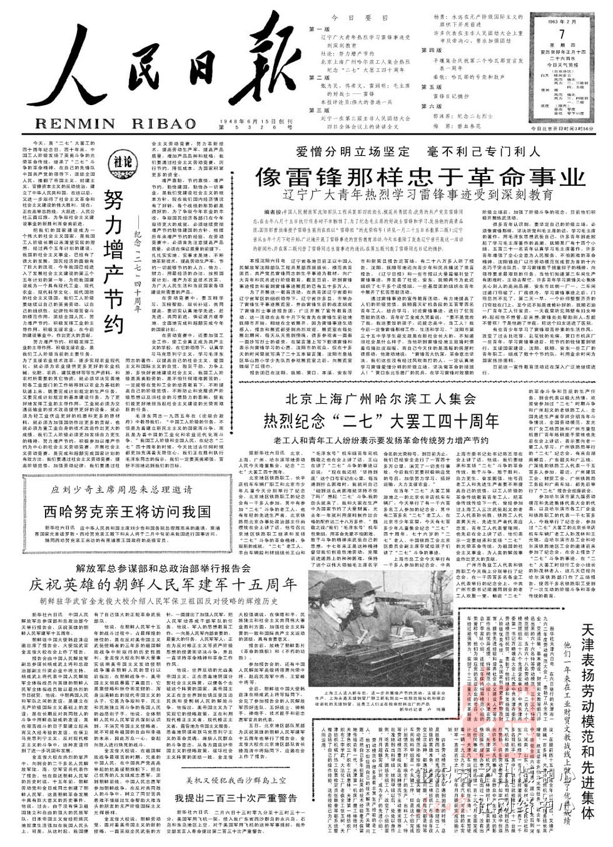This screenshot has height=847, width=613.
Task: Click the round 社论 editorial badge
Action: (122, 162)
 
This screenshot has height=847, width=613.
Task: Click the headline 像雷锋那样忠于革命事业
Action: (419, 177)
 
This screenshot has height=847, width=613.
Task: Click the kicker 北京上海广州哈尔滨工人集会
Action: (390, 399)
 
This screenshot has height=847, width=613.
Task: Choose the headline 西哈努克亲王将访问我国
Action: (127, 511)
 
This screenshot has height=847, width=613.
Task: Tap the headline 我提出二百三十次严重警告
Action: (236, 798)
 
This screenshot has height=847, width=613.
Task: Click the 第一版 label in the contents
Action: (319, 29)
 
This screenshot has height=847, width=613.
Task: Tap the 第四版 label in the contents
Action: (432, 49)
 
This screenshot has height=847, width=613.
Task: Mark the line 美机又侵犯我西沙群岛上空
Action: (236, 781)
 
